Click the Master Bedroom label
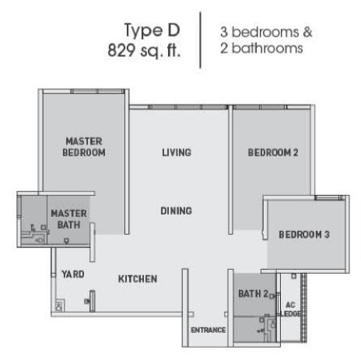pyautogui.click(x=84, y=147)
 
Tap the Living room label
pyautogui.click(x=177, y=152)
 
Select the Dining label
pyautogui.click(x=177, y=211)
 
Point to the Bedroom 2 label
pyautogui.click(x=273, y=152)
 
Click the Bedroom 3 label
pyautogui.click(x=304, y=235)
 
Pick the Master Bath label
pyautogui.click(x=69, y=219)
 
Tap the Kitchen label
pyautogui.click(x=138, y=279)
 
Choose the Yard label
pyautogui.click(x=73, y=274)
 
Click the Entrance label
pyautogui.click(x=209, y=330)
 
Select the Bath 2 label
pyautogui.click(x=253, y=294)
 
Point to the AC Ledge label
pyautogui.click(x=291, y=309)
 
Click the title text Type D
pyautogui.click(x=152, y=31)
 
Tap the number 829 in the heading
pyautogui.click(x=121, y=50)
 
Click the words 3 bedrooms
pyautogui.click(x=260, y=32)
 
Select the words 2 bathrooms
pyautogui.click(x=261, y=48)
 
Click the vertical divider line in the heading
pyautogui.click(x=200, y=40)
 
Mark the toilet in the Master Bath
pyautogui.click(x=40, y=240)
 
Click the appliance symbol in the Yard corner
pyautogui.click(x=59, y=306)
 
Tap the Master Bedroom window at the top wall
pyautogui.click(x=84, y=91)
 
